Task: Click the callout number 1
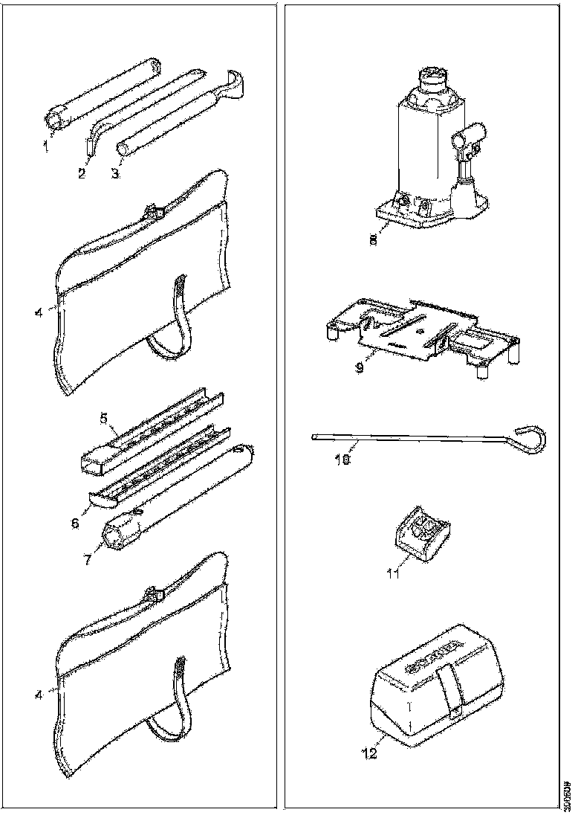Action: (46, 146)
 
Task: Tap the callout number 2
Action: (81, 173)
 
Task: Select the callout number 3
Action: (115, 173)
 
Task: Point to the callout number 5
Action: (105, 417)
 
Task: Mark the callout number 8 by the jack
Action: (373, 239)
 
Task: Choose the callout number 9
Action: (359, 367)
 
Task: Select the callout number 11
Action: (394, 573)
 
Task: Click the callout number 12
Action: (369, 753)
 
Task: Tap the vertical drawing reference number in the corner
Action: (567, 796)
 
